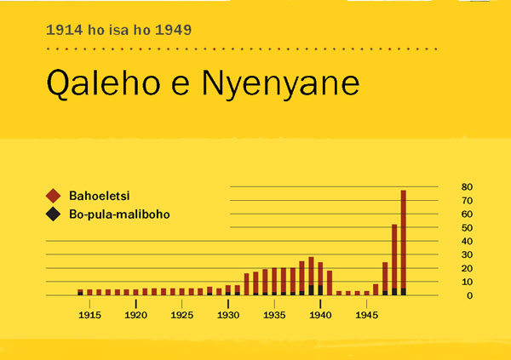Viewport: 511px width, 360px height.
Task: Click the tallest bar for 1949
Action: (x=404, y=243)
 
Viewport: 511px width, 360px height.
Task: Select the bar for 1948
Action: (x=394, y=260)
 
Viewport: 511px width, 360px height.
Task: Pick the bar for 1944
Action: (x=358, y=293)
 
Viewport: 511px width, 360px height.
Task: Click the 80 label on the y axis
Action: (x=467, y=186)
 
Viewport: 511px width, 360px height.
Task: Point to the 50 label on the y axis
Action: (x=467, y=227)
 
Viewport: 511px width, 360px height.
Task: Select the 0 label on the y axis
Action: (x=467, y=295)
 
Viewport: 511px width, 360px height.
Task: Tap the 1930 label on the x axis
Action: (x=228, y=315)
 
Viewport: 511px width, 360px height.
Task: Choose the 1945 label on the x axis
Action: (x=367, y=315)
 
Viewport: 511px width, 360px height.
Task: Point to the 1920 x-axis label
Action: (x=136, y=315)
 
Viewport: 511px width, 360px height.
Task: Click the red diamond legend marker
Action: (x=53, y=194)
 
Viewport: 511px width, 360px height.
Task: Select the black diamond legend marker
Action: (x=53, y=214)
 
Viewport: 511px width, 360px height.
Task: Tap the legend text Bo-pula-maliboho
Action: (x=119, y=214)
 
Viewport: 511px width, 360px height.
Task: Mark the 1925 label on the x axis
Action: (x=182, y=315)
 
